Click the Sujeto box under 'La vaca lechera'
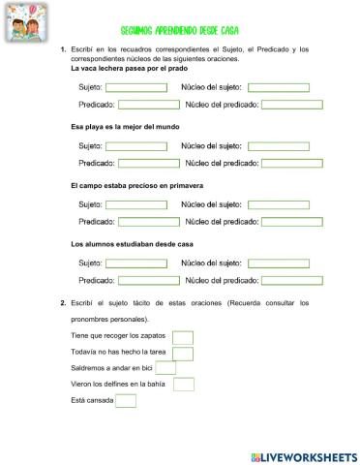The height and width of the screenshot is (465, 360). pyautogui.click(x=135, y=88)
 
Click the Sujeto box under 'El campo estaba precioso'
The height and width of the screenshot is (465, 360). pyautogui.click(x=135, y=204)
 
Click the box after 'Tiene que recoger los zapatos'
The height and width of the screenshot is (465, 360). pyautogui.click(x=183, y=337)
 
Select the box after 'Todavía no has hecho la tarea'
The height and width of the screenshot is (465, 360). pyautogui.click(x=183, y=354)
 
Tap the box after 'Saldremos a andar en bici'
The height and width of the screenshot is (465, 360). pyautogui.click(x=165, y=369)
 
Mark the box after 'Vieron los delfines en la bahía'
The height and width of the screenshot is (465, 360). pyautogui.click(x=183, y=385)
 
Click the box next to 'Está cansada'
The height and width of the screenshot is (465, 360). pyautogui.click(x=126, y=401)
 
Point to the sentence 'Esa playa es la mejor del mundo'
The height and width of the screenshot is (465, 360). pyautogui.click(x=126, y=127)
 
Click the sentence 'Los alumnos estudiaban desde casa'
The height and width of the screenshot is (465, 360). pyautogui.click(x=133, y=243)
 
